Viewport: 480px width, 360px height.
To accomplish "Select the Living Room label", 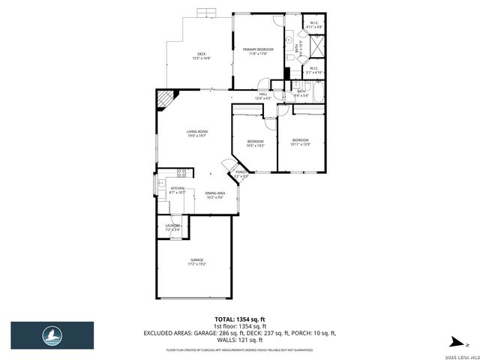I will (x=196, y=134).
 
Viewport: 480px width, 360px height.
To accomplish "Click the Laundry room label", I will (x=172, y=227).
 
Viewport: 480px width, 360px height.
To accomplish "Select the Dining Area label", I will (x=215, y=195).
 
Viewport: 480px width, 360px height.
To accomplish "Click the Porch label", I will (x=241, y=174).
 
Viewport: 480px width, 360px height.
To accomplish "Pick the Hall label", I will (x=262, y=96).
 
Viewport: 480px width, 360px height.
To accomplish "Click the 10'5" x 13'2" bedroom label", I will (x=256, y=143).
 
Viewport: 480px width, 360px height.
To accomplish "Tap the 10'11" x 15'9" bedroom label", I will (x=300, y=142).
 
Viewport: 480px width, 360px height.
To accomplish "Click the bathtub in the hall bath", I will (x=316, y=95).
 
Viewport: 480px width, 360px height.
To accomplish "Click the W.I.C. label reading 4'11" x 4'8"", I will (x=314, y=25).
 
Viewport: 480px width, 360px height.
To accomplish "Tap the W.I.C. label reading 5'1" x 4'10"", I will (x=314, y=70).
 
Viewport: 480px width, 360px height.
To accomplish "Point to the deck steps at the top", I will (x=205, y=13).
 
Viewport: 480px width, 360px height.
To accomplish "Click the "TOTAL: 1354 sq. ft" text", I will (x=239, y=319).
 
